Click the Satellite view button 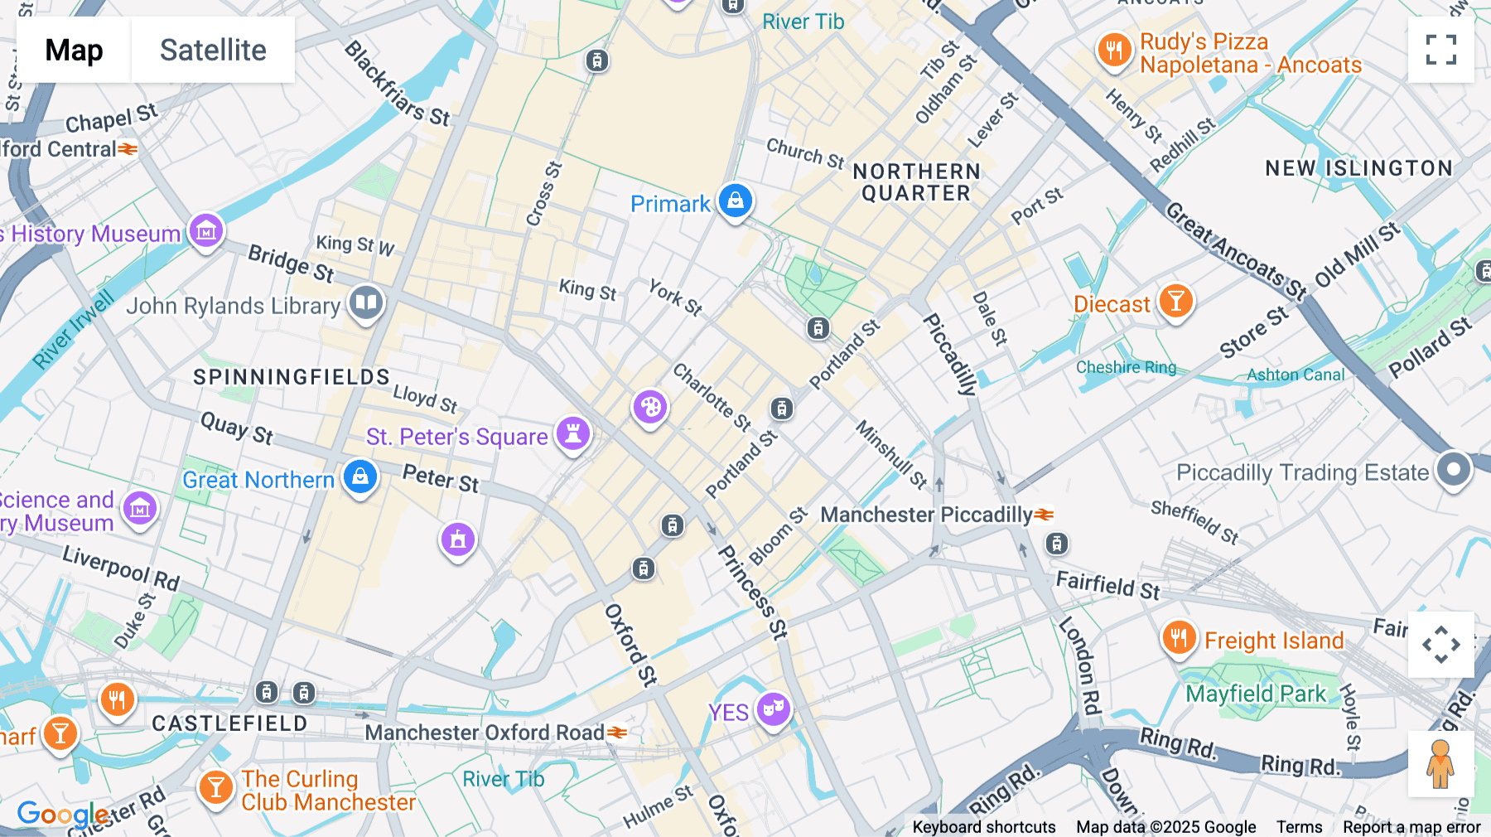pos(213,50)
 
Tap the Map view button pos(74,50)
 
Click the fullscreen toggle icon pos(1440,50)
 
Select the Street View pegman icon pos(1440,763)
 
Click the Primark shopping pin pos(735,201)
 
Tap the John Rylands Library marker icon pos(365,302)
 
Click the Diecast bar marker pos(1175,301)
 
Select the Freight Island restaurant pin pos(1179,638)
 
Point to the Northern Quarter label pos(916,182)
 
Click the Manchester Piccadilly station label pos(926,515)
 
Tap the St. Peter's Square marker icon pos(572,433)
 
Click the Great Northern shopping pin pos(360,477)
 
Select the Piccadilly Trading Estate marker pos(1454,470)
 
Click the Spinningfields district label pos(292,377)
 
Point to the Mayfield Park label pos(1256,694)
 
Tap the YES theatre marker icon pos(774,709)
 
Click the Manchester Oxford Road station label pos(485,733)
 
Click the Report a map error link pos(1411,827)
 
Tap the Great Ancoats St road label pos(1235,250)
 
